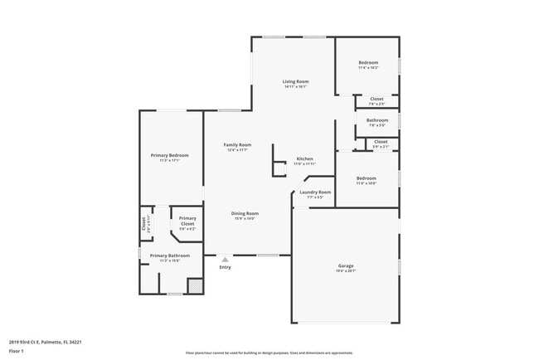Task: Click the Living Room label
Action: (x=295, y=81)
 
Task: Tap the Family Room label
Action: (x=237, y=144)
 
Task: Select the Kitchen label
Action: (x=305, y=158)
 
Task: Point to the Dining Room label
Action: (x=245, y=213)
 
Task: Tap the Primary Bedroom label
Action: (x=169, y=155)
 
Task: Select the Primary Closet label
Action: (x=187, y=221)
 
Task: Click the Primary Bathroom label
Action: (x=169, y=255)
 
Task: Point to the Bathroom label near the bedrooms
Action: (x=377, y=120)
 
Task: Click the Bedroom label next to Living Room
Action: (x=368, y=63)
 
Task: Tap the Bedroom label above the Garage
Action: (x=367, y=178)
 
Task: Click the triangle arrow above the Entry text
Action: (x=225, y=260)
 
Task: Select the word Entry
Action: (x=225, y=267)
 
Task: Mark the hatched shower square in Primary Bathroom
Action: (x=195, y=285)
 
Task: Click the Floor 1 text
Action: (x=17, y=352)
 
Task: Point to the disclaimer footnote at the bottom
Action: (x=269, y=353)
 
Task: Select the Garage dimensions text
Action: (x=346, y=272)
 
